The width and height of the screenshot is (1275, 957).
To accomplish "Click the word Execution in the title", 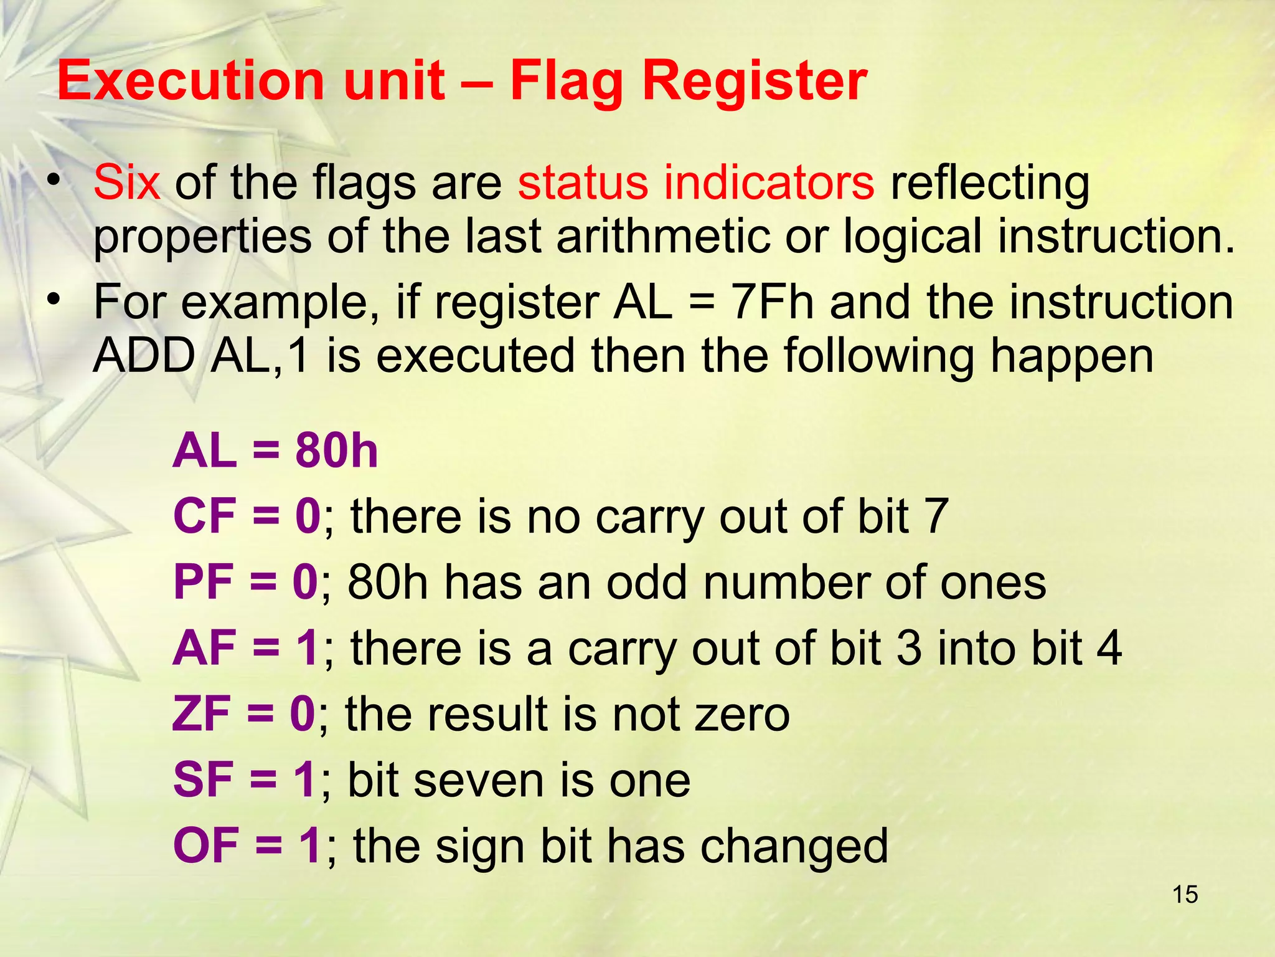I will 190,81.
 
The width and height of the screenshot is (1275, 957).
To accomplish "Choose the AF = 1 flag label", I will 246,648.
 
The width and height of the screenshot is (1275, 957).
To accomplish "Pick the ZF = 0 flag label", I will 243,714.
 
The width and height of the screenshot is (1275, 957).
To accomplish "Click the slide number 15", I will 1185,895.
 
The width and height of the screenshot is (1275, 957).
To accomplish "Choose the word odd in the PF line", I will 642,582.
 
